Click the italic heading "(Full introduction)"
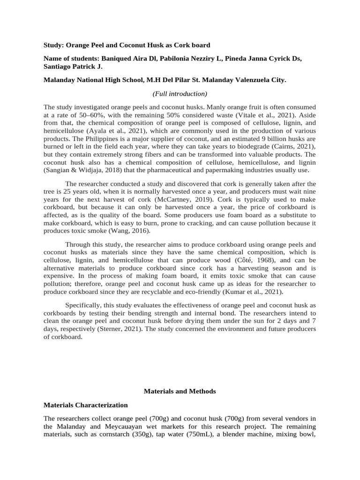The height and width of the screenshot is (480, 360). (180, 94)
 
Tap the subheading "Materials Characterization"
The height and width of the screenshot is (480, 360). (85, 405)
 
